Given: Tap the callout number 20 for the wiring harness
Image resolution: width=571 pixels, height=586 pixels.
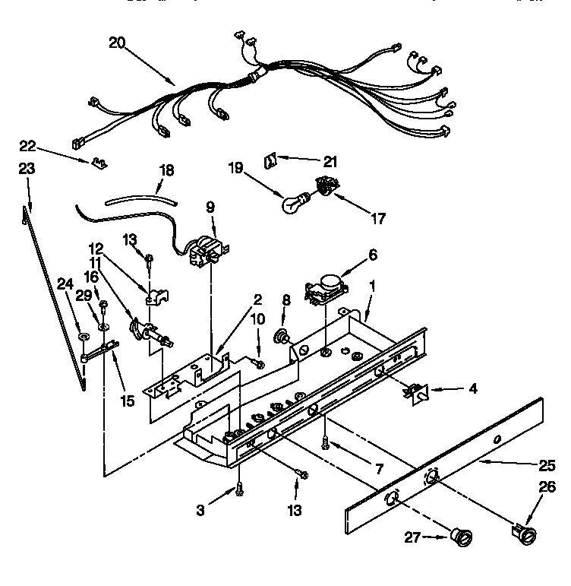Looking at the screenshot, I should [x=117, y=43].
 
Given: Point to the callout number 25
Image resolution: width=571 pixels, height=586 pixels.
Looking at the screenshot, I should [x=547, y=463].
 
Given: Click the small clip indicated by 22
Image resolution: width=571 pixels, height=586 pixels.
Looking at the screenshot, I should [x=98, y=162].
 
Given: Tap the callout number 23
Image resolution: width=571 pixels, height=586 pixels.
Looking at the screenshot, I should [x=27, y=169].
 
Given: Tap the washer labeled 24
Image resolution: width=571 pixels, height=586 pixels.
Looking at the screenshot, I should [x=81, y=335].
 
